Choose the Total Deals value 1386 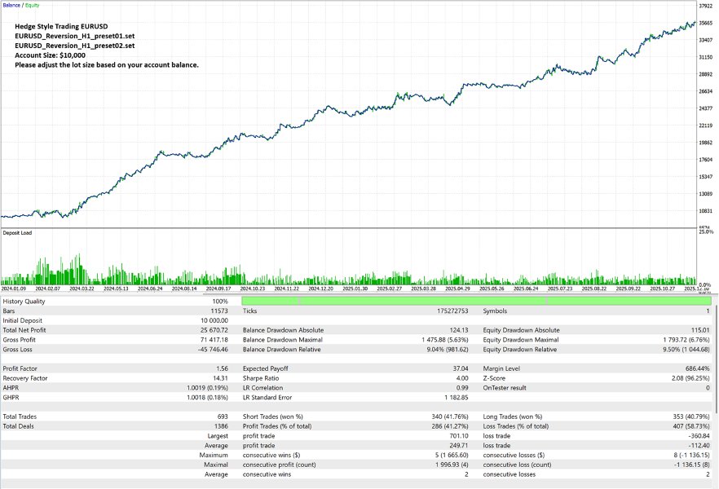coord(219,426)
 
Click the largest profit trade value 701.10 coord(461,436)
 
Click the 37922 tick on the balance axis coord(707,6)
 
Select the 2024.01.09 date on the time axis coord(15,288)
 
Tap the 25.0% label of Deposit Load coord(706,233)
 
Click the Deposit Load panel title coord(17,233)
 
